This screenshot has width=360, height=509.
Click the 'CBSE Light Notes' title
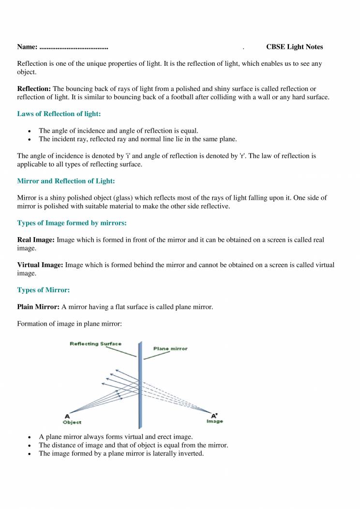coord(294,47)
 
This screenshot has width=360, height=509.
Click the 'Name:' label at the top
coord(28,47)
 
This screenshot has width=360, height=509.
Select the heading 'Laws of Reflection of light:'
coord(59,114)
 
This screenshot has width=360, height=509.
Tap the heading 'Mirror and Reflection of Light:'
coord(66,181)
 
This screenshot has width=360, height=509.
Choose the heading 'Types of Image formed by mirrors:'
coord(72,223)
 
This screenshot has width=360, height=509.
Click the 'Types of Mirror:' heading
coord(44,290)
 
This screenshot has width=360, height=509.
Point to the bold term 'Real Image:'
coord(36,240)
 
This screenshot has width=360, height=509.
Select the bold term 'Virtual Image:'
coord(40,265)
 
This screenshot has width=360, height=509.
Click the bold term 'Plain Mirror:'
coord(38,307)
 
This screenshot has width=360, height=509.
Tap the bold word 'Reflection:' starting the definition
coord(34,89)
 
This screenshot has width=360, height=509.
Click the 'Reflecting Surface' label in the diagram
coord(96,344)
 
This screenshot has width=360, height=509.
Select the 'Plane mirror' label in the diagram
coord(170,348)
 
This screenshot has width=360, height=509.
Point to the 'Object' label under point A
coord(72,422)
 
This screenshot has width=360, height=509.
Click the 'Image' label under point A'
coord(215,421)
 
